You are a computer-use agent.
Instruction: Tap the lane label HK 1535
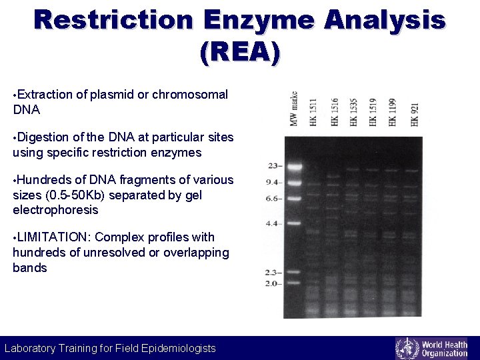coord(353,111)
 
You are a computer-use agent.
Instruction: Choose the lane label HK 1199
coord(393,111)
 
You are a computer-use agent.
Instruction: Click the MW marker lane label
coord(293,108)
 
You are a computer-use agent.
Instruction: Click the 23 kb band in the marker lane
coord(295,166)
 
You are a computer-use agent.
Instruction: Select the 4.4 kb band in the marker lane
coord(295,223)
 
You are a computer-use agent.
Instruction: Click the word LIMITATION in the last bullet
coord(52,237)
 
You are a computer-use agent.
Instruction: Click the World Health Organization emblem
coord(407,348)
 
